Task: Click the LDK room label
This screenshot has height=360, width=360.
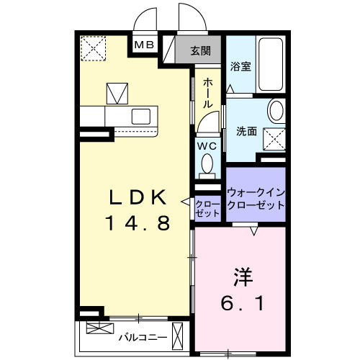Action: coord(138,196)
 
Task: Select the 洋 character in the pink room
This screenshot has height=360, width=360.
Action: coord(242,276)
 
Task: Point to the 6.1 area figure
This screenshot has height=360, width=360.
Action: coord(242,303)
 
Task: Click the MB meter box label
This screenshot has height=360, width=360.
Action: coord(145,45)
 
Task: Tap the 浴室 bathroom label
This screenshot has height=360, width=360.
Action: coord(240,67)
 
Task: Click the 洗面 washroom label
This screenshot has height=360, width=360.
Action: coord(247,132)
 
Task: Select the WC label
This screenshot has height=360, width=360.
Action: coord(207,144)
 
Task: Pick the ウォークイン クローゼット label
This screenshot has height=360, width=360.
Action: coord(256,199)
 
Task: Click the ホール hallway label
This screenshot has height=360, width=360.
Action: coord(207,94)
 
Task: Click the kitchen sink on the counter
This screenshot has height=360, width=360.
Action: coord(140,115)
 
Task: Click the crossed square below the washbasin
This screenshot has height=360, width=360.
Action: coord(272,137)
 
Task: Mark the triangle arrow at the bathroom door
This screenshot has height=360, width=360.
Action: coord(230,89)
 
